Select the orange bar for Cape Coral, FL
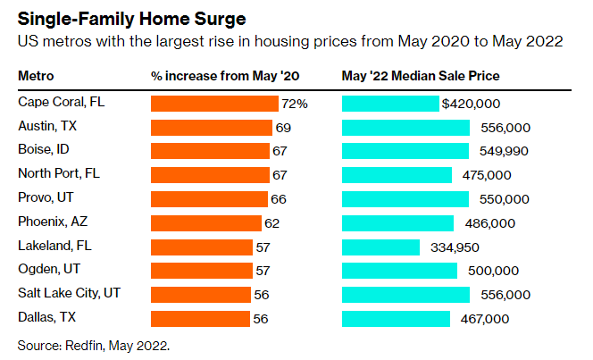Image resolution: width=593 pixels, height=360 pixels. pos(214,104)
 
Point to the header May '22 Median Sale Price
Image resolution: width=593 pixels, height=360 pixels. pos(421,76)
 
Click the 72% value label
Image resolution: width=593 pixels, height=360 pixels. pos(295,104)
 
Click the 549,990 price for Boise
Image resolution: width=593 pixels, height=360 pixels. pos(505,151)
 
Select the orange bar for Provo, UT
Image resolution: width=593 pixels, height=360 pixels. pos(209,199)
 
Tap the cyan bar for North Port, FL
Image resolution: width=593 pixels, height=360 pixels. pos(397,175)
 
